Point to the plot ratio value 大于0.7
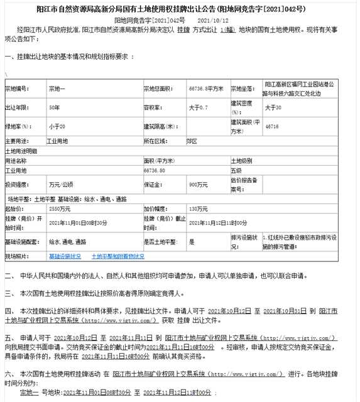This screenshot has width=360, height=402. click(x=198, y=107)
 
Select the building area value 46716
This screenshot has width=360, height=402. click(x=272, y=126)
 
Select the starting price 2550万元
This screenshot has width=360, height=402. click(x=60, y=208)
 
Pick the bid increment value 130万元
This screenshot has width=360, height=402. click(x=198, y=208)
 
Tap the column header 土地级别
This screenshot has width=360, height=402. click(x=242, y=161)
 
